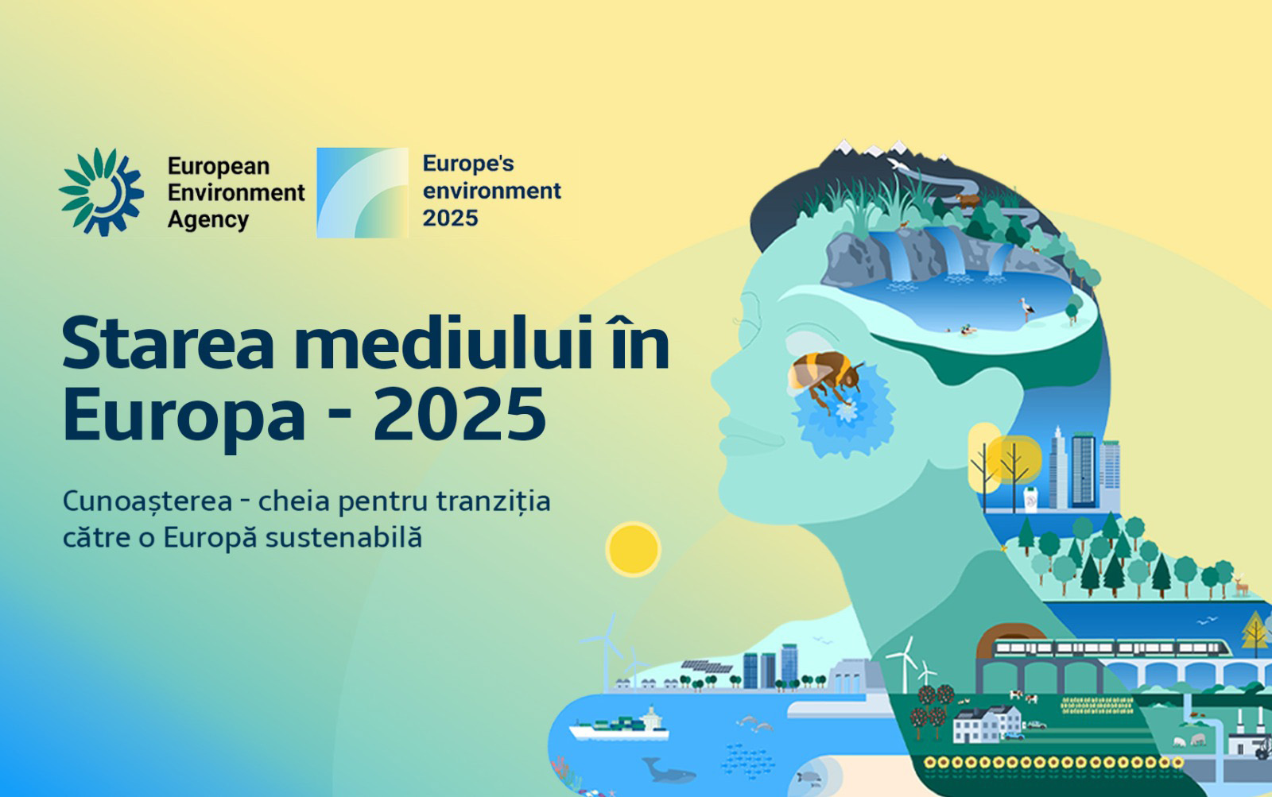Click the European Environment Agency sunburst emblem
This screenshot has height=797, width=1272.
(101, 192)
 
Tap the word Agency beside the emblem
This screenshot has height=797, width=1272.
(207, 219)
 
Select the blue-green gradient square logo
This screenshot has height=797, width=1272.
(363, 192)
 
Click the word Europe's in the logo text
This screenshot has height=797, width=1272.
(468, 164)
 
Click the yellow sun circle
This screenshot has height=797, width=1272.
(633, 549)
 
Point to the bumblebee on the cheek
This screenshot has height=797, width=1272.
(824, 375)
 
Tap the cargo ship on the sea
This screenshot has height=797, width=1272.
(619, 725)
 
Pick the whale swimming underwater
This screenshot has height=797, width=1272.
(668, 770)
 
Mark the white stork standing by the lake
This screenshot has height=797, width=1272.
(1026, 309)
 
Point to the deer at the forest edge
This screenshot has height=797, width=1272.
(1240, 586)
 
